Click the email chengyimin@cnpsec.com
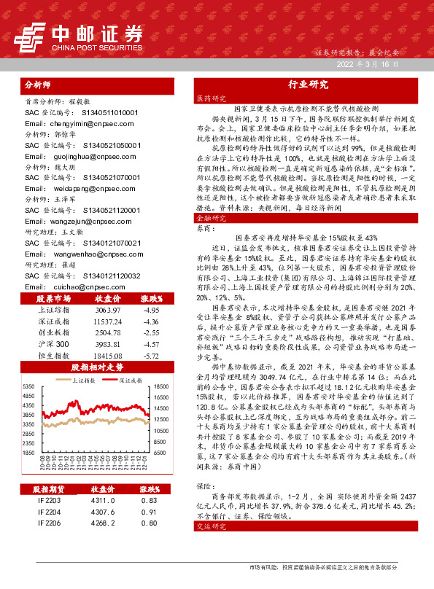coord(71,124)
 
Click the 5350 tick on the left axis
coord(27,386)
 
